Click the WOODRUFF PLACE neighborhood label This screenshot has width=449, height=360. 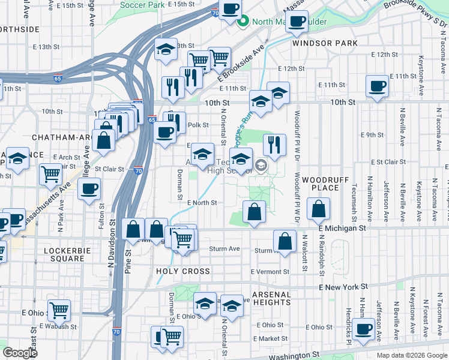(x=321, y=184)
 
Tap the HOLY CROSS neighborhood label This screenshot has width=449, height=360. (x=183, y=271)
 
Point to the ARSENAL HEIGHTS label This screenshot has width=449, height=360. (x=271, y=298)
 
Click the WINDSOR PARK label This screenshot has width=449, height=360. (x=325, y=43)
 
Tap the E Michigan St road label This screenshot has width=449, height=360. (x=342, y=229)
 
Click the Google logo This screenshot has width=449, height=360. (x=20, y=353)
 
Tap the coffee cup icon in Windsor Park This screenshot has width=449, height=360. (x=297, y=22)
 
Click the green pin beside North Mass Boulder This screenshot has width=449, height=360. (x=244, y=23)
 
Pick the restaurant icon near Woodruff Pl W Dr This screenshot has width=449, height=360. (x=274, y=144)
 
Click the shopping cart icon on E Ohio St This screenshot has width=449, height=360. (x=59, y=311)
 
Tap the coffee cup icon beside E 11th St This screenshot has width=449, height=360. (x=377, y=86)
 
